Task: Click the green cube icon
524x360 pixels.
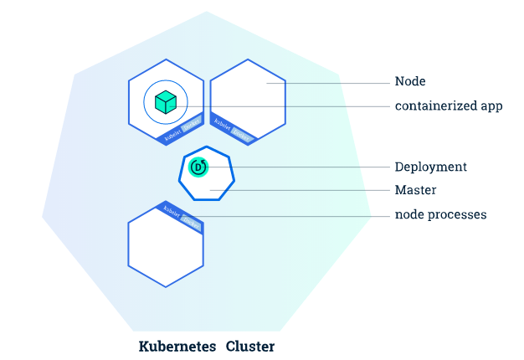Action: [x=166, y=102]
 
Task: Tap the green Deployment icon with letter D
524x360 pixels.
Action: [x=198, y=167]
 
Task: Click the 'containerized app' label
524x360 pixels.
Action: [x=449, y=106]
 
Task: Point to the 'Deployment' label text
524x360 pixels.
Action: [x=431, y=167]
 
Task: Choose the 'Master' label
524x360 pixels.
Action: [x=415, y=190]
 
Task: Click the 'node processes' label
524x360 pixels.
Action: [x=441, y=215]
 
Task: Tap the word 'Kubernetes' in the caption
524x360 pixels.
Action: [x=177, y=346]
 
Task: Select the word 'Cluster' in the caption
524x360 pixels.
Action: [x=249, y=346]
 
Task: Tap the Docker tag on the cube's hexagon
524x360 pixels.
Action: [x=192, y=121]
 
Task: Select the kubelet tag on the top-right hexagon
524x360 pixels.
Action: [x=223, y=124]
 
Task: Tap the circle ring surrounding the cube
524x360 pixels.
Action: [x=146, y=102]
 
